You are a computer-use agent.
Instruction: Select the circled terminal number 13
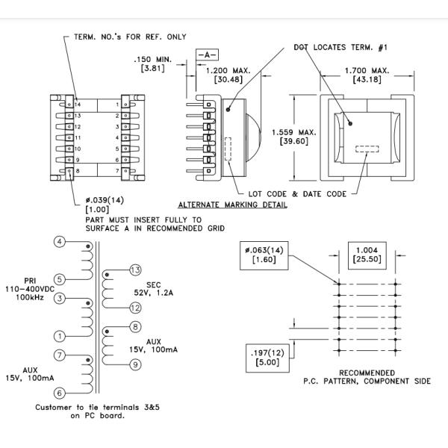coord(135,269)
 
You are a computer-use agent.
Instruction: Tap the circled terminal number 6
coord(59,392)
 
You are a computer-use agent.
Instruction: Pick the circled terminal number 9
coord(135,364)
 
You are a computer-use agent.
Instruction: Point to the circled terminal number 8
coord(135,326)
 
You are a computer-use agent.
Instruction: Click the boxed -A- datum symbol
coord(207,55)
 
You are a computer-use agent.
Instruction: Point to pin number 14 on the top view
coord(78,105)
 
